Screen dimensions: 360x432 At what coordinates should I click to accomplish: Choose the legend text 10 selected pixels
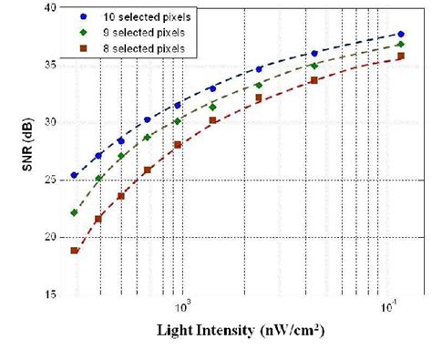pyautogui.click(x=143, y=17)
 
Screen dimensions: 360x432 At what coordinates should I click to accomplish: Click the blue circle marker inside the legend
pyautogui.click(x=85, y=17)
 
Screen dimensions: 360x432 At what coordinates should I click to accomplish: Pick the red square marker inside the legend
pyautogui.click(x=85, y=46)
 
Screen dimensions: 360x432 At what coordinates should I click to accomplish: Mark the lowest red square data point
pyautogui.click(x=75, y=251)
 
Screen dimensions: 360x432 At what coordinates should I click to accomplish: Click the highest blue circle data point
pyautogui.click(x=401, y=35)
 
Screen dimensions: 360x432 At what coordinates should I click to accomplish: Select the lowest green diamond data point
pyautogui.click(x=75, y=212)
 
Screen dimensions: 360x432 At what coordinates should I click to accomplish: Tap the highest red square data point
pyautogui.click(x=401, y=57)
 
